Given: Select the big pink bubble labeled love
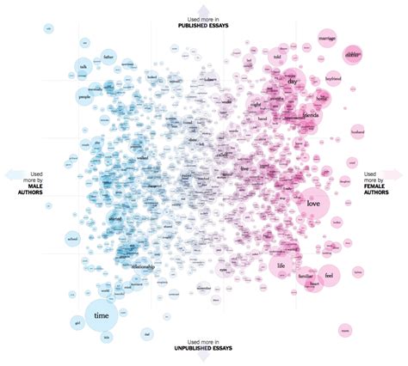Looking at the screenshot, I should tap(312, 204).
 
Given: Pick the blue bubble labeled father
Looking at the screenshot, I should tap(108, 58).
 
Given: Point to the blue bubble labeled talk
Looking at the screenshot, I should tap(83, 67).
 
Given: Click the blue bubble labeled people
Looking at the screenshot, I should tap(85, 98).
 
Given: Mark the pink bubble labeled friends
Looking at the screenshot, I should tap(310, 113).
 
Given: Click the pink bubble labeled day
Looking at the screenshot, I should tap(292, 81).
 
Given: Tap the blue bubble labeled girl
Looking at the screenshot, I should tap(77, 323).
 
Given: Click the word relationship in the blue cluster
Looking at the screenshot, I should tap(143, 267).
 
